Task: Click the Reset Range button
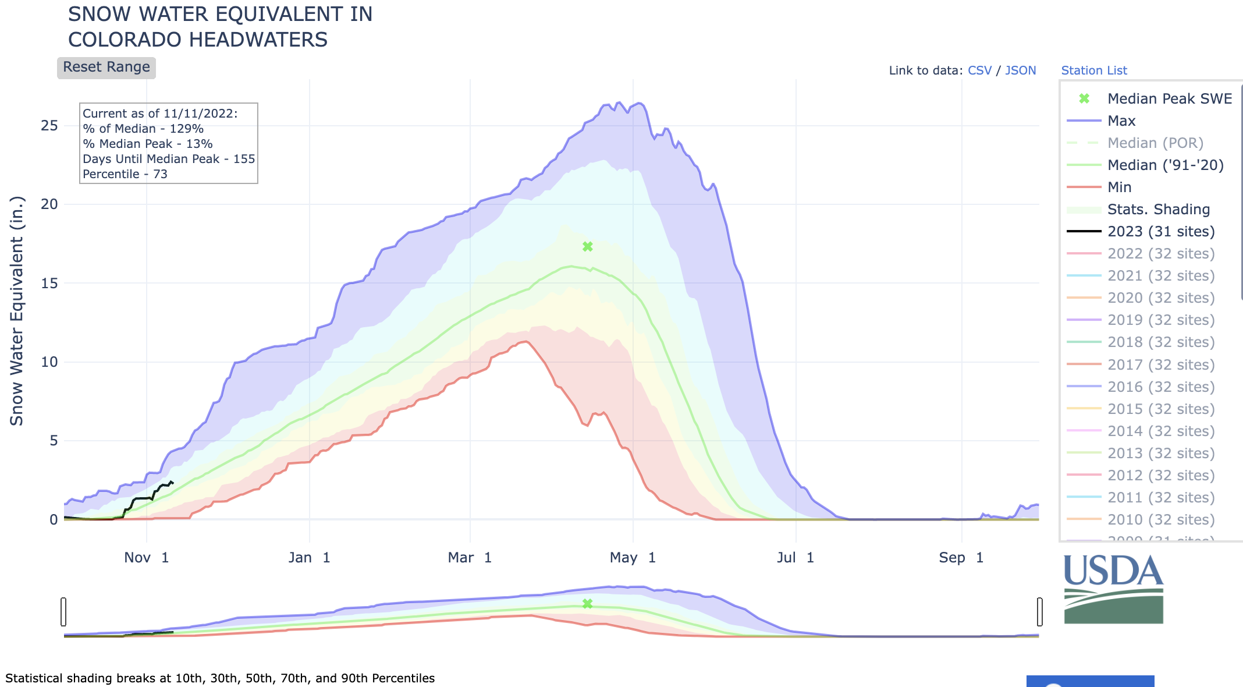tap(106, 68)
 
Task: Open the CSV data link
tap(979, 70)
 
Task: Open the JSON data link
tap(1020, 70)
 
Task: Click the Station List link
tap(1093, 70)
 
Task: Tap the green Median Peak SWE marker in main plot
tap(588, 247)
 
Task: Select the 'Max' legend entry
tap(1121, 121)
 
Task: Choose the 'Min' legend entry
tap(1119, 187)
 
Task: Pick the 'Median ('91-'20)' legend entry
tap(1165, 165)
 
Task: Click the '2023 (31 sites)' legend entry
tap(1160, 232)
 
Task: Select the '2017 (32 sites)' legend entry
tap(1160, 365)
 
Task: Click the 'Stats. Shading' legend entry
tap(1158, 210)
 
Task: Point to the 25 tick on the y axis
tap(49, 126)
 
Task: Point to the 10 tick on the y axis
tap(49, 362)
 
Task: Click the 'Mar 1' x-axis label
tap(470, 558)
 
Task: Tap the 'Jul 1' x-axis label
tap(795, 558)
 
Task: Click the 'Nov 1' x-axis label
tap(146, 558)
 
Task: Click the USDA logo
tap(1113, 589)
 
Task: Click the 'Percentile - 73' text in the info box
tap(125, 174)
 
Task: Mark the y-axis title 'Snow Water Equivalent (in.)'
tap(17, 311)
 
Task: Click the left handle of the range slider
tap(63, 611)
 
